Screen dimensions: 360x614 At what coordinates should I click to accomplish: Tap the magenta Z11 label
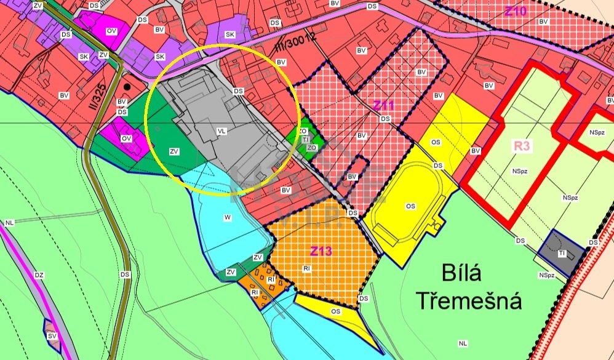point(385,105)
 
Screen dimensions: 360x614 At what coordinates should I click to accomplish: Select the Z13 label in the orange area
point(321,251)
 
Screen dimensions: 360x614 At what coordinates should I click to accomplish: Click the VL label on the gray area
point(222,131)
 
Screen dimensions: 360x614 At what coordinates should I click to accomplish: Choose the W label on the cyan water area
point(228,217)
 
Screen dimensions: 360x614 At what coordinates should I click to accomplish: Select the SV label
point(52,336)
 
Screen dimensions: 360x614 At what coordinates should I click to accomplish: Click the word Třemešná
point(469,301)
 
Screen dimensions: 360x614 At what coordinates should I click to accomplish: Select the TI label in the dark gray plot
point(562,253)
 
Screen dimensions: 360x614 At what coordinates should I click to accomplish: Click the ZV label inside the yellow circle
point(174,151)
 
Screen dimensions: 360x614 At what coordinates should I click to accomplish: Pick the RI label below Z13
point(306,268)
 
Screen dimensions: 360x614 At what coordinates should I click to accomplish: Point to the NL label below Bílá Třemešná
point(463,343)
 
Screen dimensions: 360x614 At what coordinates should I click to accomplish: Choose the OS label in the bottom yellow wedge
point(335,312)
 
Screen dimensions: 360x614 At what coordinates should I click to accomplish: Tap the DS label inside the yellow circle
point(239,91)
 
